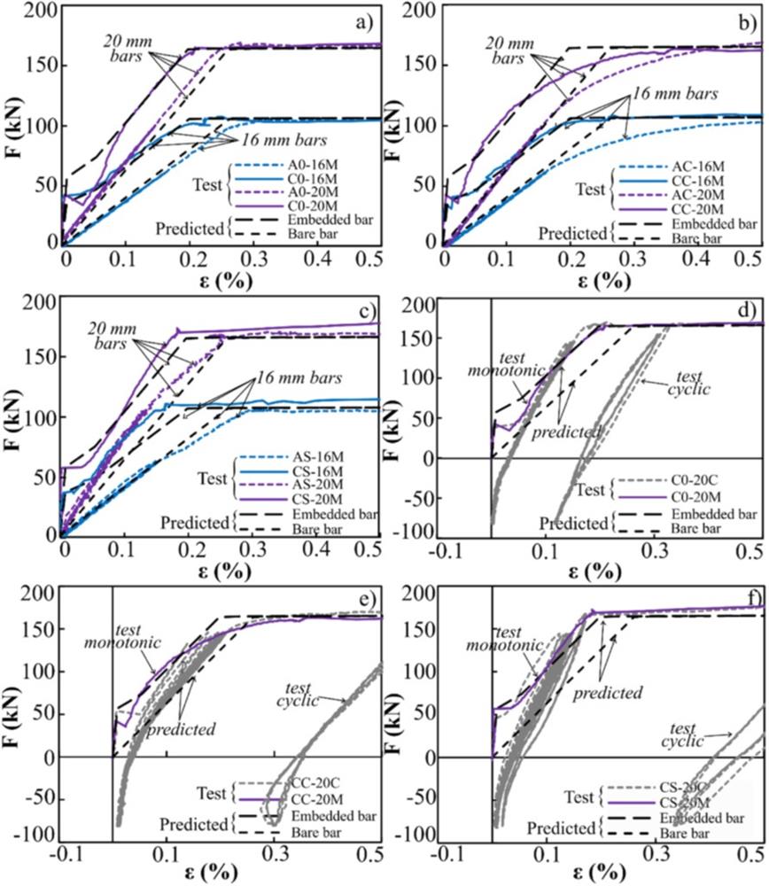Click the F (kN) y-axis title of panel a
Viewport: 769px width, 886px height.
(15, 124)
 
